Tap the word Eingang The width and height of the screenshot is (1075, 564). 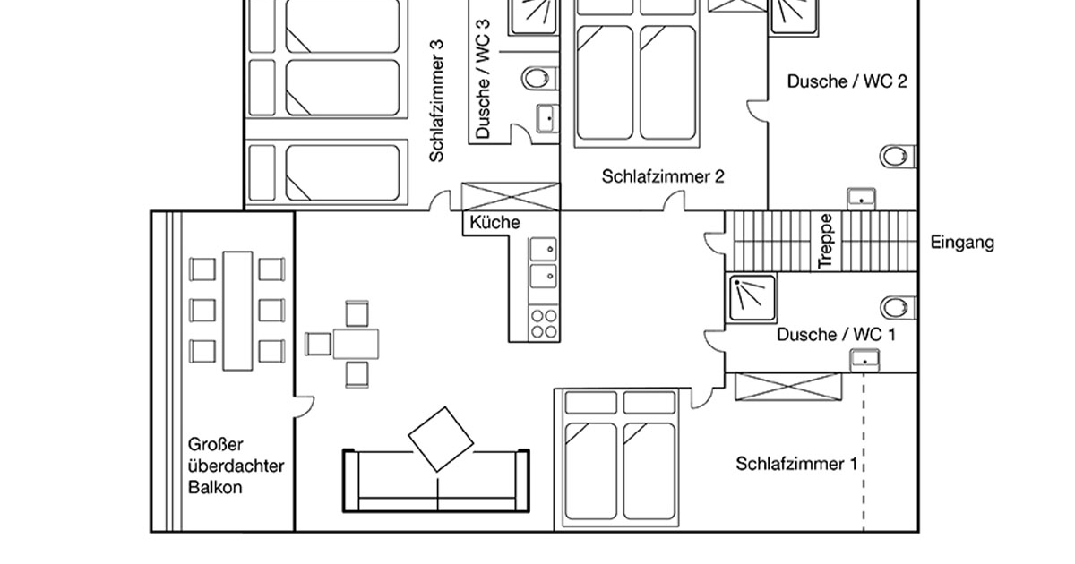pos(962,243)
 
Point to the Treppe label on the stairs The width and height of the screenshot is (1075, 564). pos(826,240)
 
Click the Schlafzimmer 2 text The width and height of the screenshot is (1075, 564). pos(662,176)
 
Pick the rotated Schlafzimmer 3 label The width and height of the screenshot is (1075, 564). pos(436,99)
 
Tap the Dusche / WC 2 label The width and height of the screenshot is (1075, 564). pos(847,81)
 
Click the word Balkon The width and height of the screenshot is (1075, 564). pos(215,489)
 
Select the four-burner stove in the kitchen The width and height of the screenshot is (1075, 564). pos(542,323)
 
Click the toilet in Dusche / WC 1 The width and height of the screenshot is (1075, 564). pos(896,307)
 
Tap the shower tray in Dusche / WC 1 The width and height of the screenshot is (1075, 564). pos(752,297)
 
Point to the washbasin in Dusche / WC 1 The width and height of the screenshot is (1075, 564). pos(864,359)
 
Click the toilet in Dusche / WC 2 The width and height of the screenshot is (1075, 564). pos(896,157)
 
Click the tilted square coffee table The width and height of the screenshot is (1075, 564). pos(441,439)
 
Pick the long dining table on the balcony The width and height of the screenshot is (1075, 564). pos(238,311)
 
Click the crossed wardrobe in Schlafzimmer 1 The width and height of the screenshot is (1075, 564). pos(788,386)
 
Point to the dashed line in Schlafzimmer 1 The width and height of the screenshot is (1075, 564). pos(864,457)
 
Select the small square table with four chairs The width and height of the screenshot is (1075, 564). pos(356,344)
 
